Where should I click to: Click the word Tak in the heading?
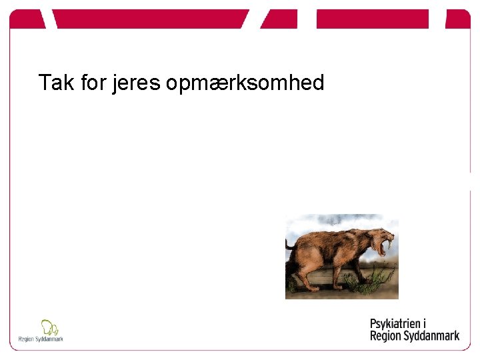[53, 83]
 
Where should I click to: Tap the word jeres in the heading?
[137, 83]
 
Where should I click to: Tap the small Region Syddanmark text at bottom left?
[41, 339]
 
